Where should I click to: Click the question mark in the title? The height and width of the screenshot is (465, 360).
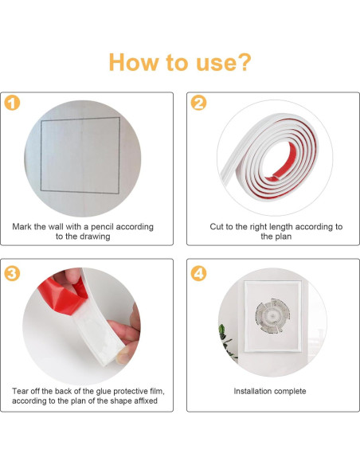click(244, 62)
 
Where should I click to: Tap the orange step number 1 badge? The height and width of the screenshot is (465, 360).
click(12, 103)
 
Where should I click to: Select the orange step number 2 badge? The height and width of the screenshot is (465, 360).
click(198, 103)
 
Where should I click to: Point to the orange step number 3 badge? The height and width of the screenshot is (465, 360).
click(12, 273)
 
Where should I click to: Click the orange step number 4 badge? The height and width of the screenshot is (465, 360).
click(198, 273)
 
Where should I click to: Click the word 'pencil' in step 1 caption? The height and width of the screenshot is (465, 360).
click(102, 227)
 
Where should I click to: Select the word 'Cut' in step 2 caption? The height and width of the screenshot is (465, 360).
click(217, 227)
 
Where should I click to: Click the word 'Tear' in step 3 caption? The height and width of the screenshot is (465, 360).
click(20, 391)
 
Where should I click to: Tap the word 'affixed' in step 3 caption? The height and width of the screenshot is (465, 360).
click(146, 401)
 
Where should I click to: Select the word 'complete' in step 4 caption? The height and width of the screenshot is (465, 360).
click(290, 392)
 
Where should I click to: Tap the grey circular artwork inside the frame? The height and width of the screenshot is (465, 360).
click(272, 315)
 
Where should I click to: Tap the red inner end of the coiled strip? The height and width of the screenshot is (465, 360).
click(274, 178)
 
